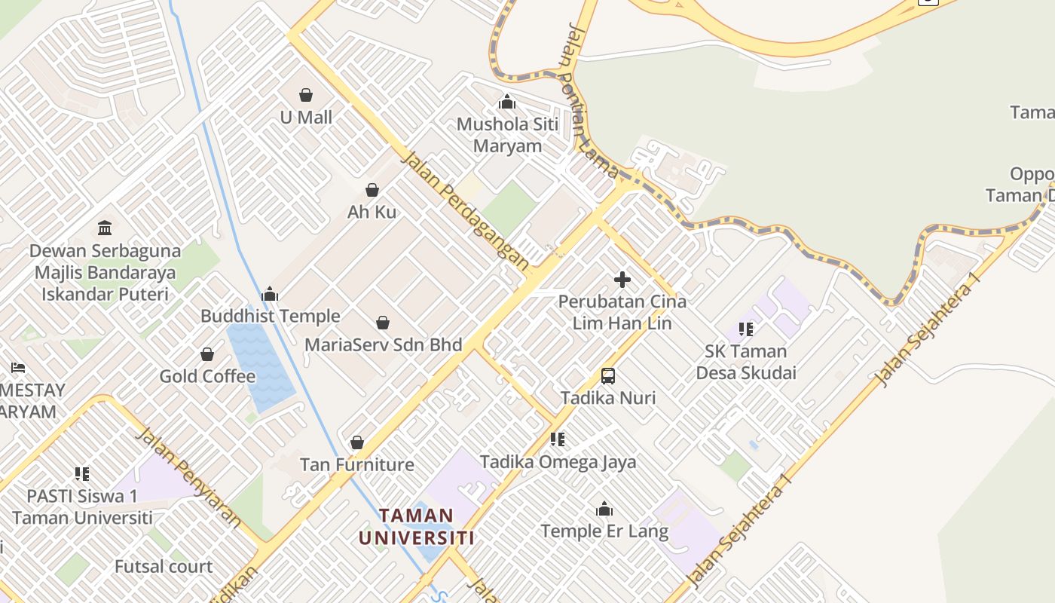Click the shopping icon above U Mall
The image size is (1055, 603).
tap(306, 95)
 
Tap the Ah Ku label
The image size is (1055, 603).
tap(372, 212)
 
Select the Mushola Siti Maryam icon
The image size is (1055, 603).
tap(507, 102)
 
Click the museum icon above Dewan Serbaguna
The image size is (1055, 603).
tap(105, 228)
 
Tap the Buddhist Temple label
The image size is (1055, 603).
tap(270, 316)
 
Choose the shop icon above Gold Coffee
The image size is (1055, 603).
tap(207, 354)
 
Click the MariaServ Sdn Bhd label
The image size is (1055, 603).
tap(383, 344)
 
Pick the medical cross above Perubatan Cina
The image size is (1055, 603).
tap(622, 280)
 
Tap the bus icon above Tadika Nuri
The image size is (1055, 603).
tap(608, 375)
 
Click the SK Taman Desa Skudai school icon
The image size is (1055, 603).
tap(746, 329)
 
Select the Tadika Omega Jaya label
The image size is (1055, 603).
tap(558, 461)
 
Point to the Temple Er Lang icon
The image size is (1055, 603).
tap(604, 510)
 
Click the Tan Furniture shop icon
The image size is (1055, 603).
tap(357, 442)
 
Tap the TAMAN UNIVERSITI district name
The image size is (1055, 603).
tap(416, 526)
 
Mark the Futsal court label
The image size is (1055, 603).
tap(164, 566)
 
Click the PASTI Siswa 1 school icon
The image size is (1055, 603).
tap(82, 474)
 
